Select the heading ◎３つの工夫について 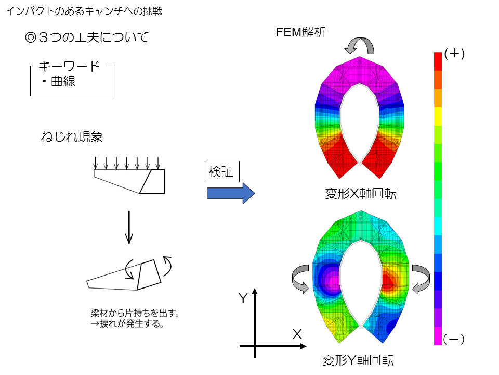point(87,37)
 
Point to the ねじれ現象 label point(72,137)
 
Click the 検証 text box point(221,171)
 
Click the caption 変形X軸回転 point(361,193)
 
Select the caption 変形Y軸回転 point(358,360)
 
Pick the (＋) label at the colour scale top point(454,54)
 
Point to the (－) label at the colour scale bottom point(454,340)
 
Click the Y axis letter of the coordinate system point(243,298)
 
